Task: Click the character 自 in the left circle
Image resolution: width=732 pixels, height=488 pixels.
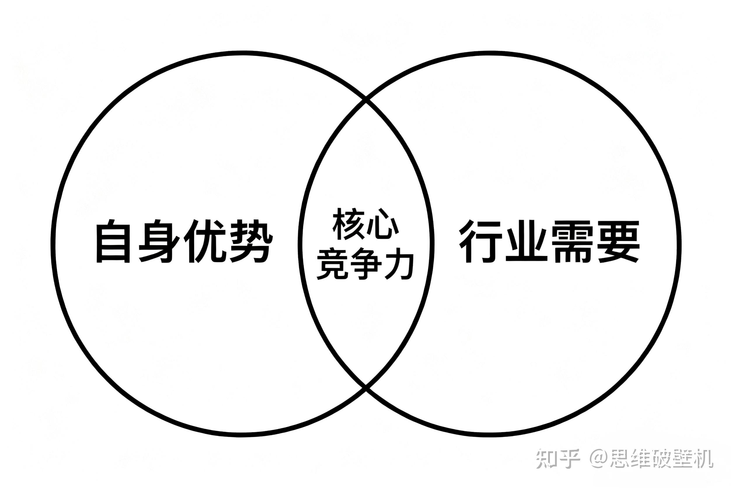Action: (x=113, y=241)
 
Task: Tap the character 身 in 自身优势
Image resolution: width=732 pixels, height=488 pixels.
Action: (x=159, y=241)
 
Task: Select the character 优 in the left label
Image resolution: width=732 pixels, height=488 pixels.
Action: (x=204, y=241)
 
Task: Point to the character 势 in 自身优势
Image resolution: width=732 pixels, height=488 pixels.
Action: (x=250, y=241)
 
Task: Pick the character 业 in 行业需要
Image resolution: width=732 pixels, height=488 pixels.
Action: (x=527, y=241)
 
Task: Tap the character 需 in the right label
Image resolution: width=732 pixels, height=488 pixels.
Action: (x=572, y=241)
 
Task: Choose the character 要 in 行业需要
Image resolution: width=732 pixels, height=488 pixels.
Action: (x=618, y=241)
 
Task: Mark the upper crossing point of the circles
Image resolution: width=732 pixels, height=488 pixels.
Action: (x=366, y=100)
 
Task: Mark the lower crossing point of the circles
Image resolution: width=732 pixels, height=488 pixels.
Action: (x=366, y=388)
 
